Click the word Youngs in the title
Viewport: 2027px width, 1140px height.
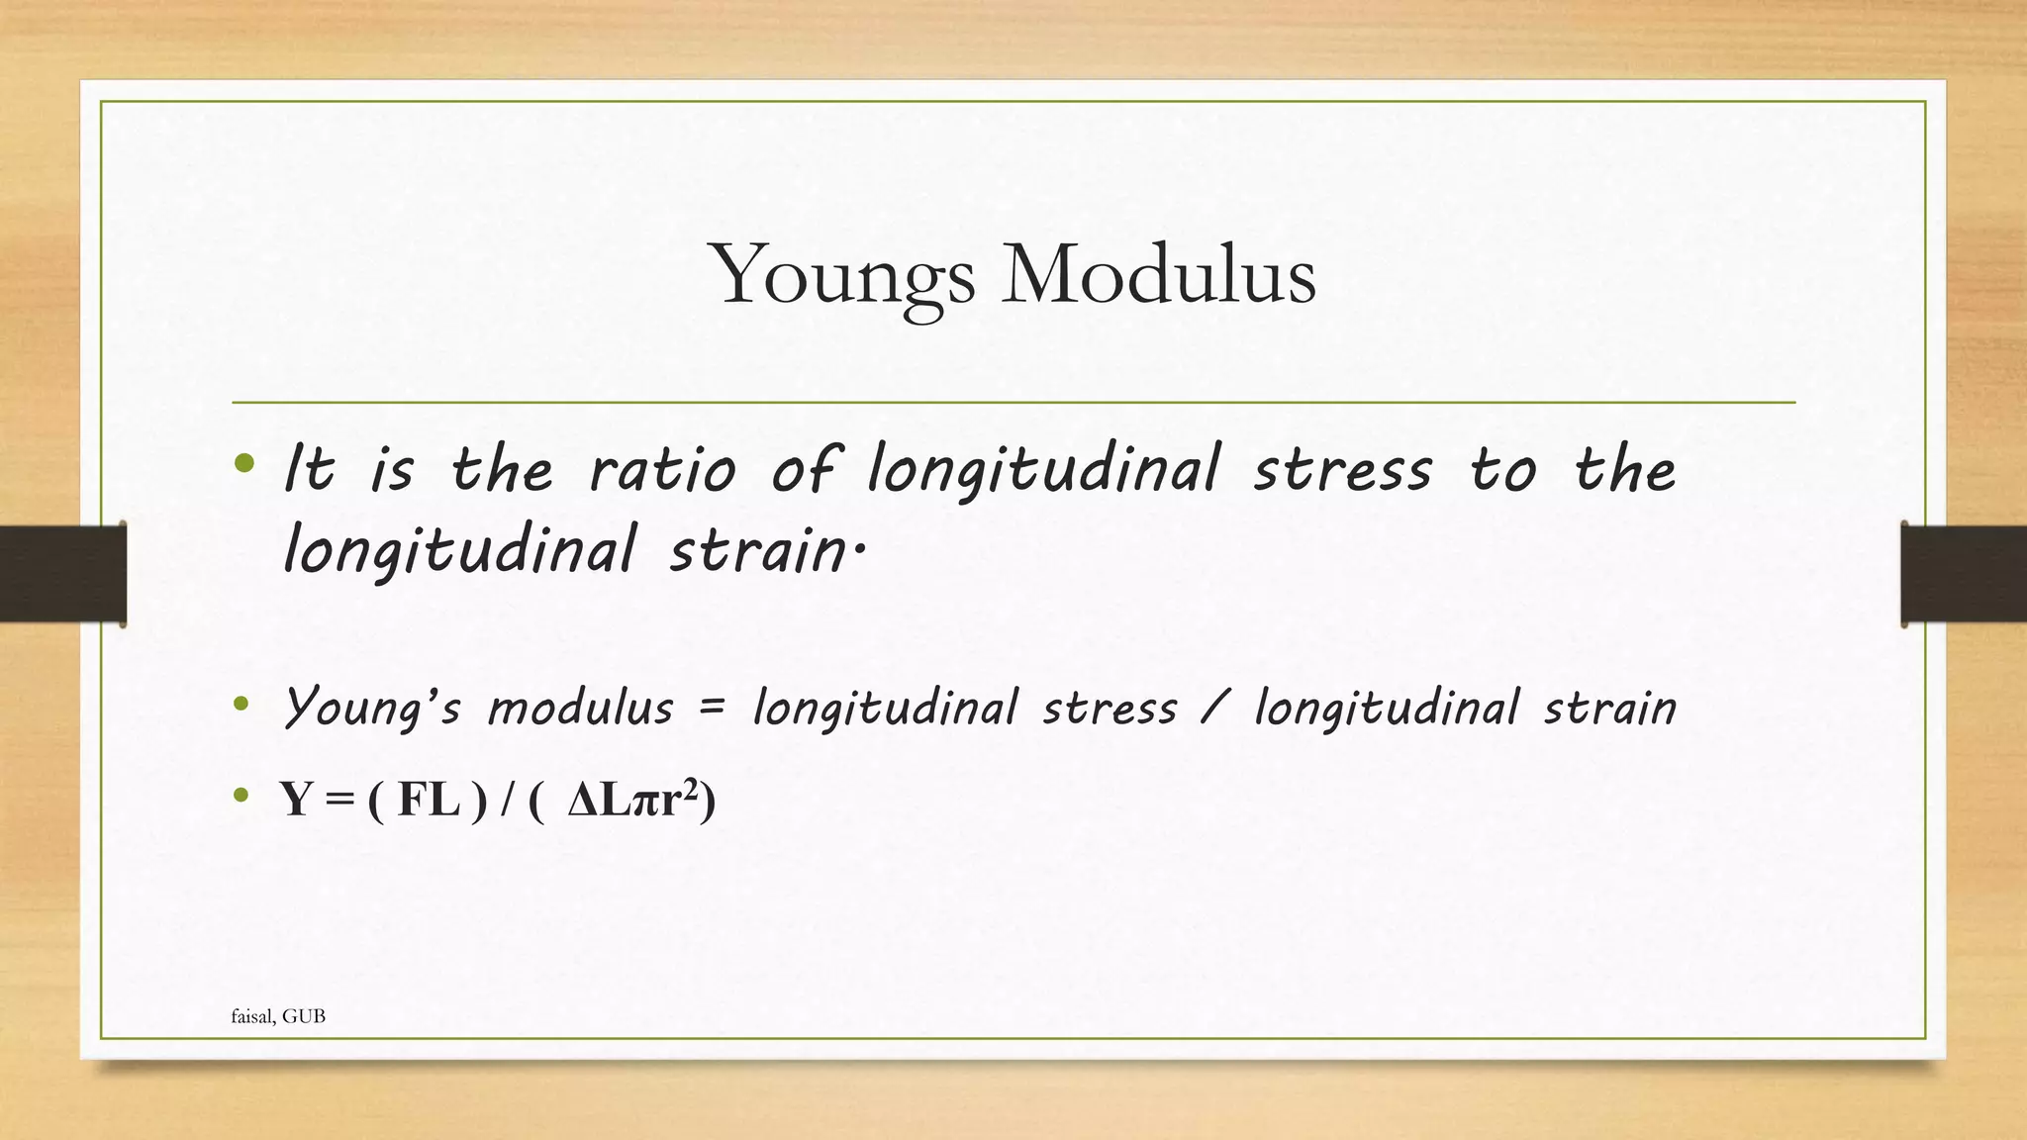pos(841,275)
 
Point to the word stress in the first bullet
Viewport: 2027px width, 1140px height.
pos(1342,469)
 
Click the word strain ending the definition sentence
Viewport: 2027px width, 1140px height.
pos(757,550)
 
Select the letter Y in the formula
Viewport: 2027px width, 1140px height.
pos(296,799)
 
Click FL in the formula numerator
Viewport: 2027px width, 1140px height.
pos(428,799)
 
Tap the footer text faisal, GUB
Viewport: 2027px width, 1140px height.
pos(278,1016)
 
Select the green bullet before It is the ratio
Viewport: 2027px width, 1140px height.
pos(245,463)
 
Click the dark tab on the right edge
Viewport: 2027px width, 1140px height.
pos(1964,574)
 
